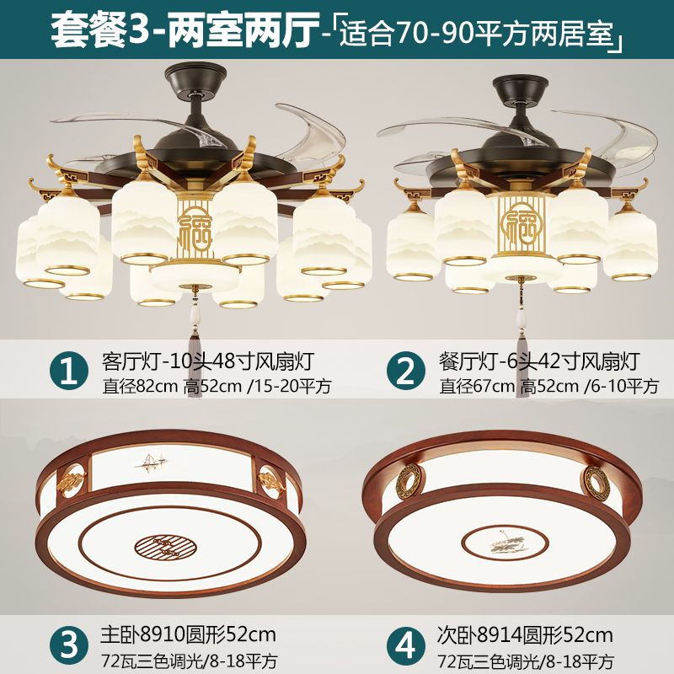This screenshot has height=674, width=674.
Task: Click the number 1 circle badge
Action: click(69, 370)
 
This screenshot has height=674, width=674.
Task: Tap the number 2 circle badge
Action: click(405, 370)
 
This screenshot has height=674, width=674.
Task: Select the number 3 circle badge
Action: click(69, 645)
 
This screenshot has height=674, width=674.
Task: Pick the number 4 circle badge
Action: click(405, 645)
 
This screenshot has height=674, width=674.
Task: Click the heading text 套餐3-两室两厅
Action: click(185, 29)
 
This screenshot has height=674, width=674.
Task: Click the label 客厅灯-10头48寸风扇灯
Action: click(208, 362)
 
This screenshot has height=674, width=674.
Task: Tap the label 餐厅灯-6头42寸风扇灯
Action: click(539, 362)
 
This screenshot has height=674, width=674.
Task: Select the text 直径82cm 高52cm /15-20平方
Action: click(217, 386)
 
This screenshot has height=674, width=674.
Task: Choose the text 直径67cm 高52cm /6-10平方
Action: click(549, 386)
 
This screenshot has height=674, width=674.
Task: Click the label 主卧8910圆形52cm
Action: click(188, 634)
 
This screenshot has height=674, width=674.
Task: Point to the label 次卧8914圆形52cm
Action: click(525, 634)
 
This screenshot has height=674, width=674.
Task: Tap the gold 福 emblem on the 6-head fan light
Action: click(521, 223)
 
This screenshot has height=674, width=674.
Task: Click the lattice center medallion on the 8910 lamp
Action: click(166, 548)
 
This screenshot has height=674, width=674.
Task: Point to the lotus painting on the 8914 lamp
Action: click(505, 543)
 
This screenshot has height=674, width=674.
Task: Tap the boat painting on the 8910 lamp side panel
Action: click(150, 461)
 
